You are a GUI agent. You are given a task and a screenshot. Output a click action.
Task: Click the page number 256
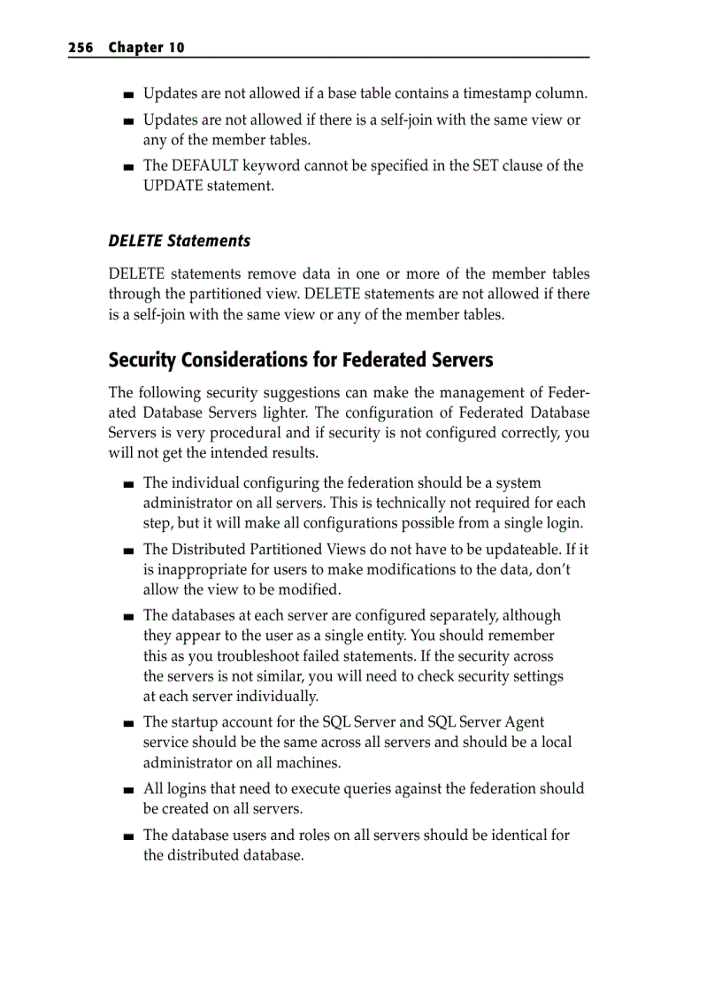tap(81, 48)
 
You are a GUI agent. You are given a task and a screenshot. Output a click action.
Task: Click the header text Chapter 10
tap(146, 48)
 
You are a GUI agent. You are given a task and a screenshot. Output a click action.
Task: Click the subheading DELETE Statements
tap(179, 241)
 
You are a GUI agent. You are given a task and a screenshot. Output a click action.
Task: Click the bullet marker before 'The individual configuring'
tap(129, 484)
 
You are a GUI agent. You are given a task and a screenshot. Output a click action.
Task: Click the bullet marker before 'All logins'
tap(129, 790)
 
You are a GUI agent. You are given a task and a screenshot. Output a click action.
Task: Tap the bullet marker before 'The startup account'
tap(129, 723)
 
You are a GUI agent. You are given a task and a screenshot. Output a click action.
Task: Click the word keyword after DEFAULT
tap(271, 166)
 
